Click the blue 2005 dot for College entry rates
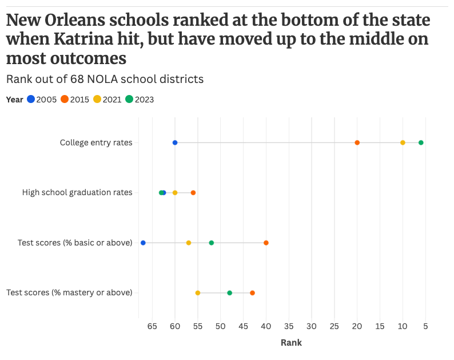click(175, 143)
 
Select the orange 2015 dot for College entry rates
click(357, 143)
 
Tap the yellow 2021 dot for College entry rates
click(403, 143)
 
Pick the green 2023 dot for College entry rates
click(421, 143)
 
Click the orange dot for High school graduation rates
click(193, 193)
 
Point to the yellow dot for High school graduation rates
click(175, 193)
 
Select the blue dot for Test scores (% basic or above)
click(143, 243)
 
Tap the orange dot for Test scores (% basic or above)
click(266, 243)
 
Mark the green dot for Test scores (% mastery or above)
click(230, 293)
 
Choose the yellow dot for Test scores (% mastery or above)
click(198, 293)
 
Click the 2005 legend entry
click(42, 100)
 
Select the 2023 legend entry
click(140, 100)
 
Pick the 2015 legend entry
click(75, 100)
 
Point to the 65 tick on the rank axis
click(152, 327)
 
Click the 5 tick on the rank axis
click(425, 327)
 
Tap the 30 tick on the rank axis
click(312, 327)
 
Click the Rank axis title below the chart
click(291, 343)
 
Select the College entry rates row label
click(96, 143)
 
